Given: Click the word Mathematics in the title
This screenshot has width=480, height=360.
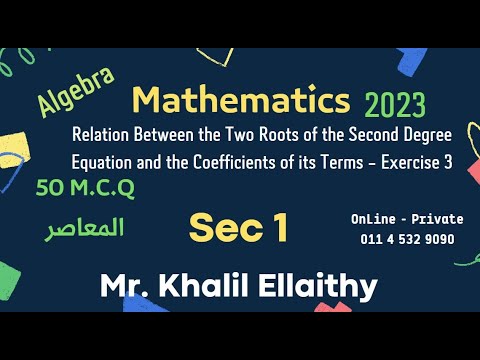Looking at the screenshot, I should [x=241, y=100].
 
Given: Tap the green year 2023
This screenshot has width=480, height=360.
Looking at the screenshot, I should [x=395, y=104].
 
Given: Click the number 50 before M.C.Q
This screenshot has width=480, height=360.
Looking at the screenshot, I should [x=49, y=187].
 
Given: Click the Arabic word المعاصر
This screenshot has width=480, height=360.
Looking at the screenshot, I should [x=85, y=229].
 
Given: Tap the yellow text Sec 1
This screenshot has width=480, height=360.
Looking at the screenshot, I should [x=239, y=228].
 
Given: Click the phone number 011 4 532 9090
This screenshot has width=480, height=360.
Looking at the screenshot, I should [x=407, y=239].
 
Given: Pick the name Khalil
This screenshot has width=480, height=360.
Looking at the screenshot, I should [x=221, y=287].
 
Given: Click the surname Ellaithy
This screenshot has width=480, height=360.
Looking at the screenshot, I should [x=323, y=287].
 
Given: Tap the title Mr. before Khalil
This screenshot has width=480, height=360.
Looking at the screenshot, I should [x=128, y=287].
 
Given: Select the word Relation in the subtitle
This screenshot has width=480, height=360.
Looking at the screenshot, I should [x=104, y=136].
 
